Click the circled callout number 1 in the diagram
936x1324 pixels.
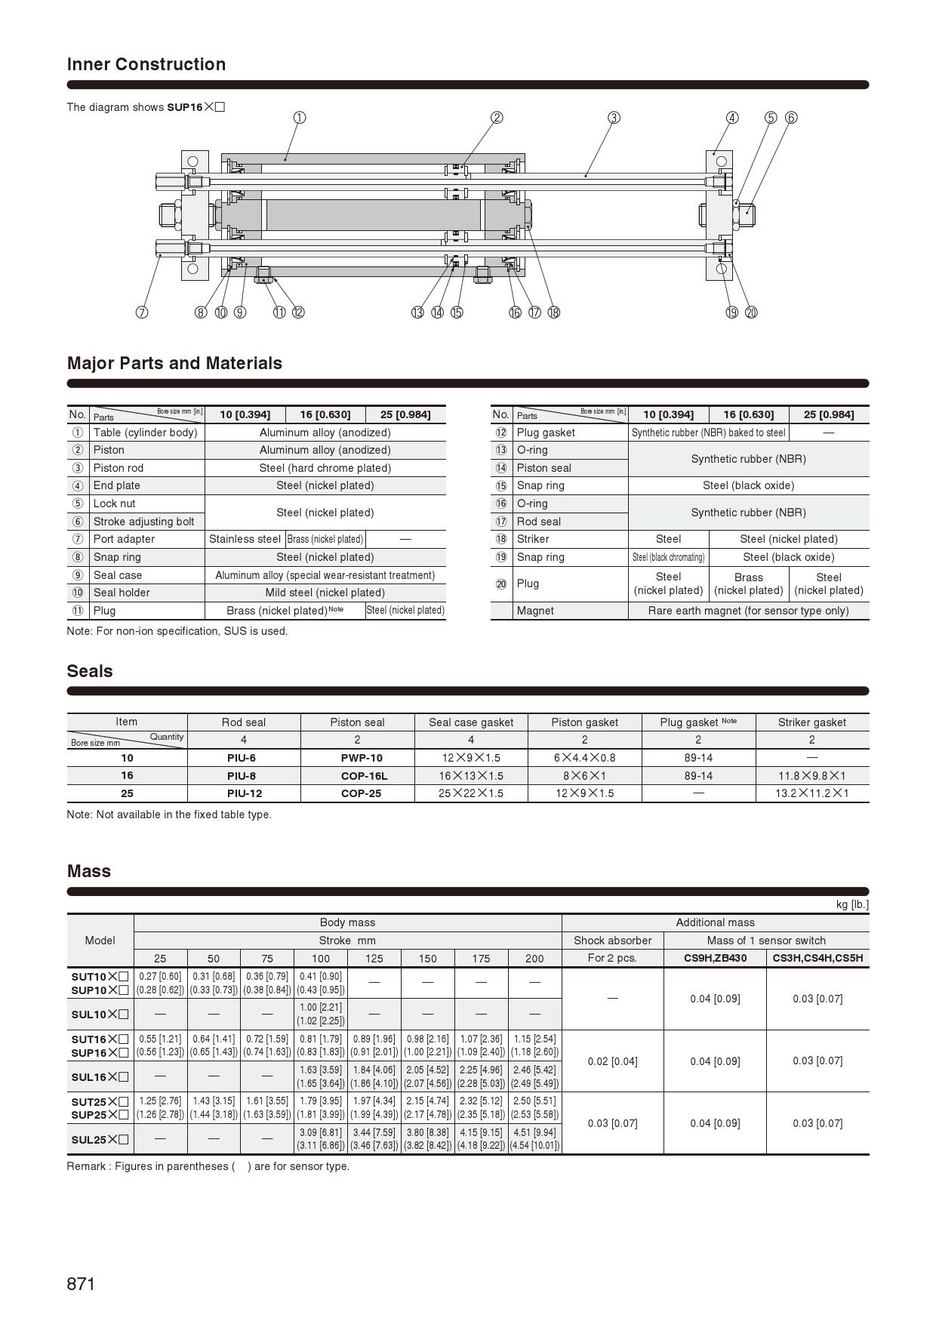pos(300,118)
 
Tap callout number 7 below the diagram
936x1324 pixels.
pos(142,313)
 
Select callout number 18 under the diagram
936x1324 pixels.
pos(554,313)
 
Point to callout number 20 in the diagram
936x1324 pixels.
pos(751,313)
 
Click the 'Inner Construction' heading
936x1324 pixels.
pos(146,64)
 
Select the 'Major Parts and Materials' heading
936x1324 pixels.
pos(174,363)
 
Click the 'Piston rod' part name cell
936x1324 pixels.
pos(118,468)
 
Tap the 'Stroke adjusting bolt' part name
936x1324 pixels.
pos(143,522)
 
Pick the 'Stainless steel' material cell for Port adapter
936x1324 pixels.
pos(245,539)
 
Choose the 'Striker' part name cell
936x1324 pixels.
pos(533,539)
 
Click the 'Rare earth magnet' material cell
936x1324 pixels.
pos(748,611)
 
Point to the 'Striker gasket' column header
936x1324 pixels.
pos(812,722)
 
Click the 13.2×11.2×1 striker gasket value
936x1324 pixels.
pos(812,793)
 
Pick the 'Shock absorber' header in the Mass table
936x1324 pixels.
pos(612,941)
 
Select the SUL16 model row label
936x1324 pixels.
pos(100,1077)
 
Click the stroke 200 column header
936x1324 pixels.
pos(534,959)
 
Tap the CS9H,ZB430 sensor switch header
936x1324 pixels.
pos(715,959)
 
